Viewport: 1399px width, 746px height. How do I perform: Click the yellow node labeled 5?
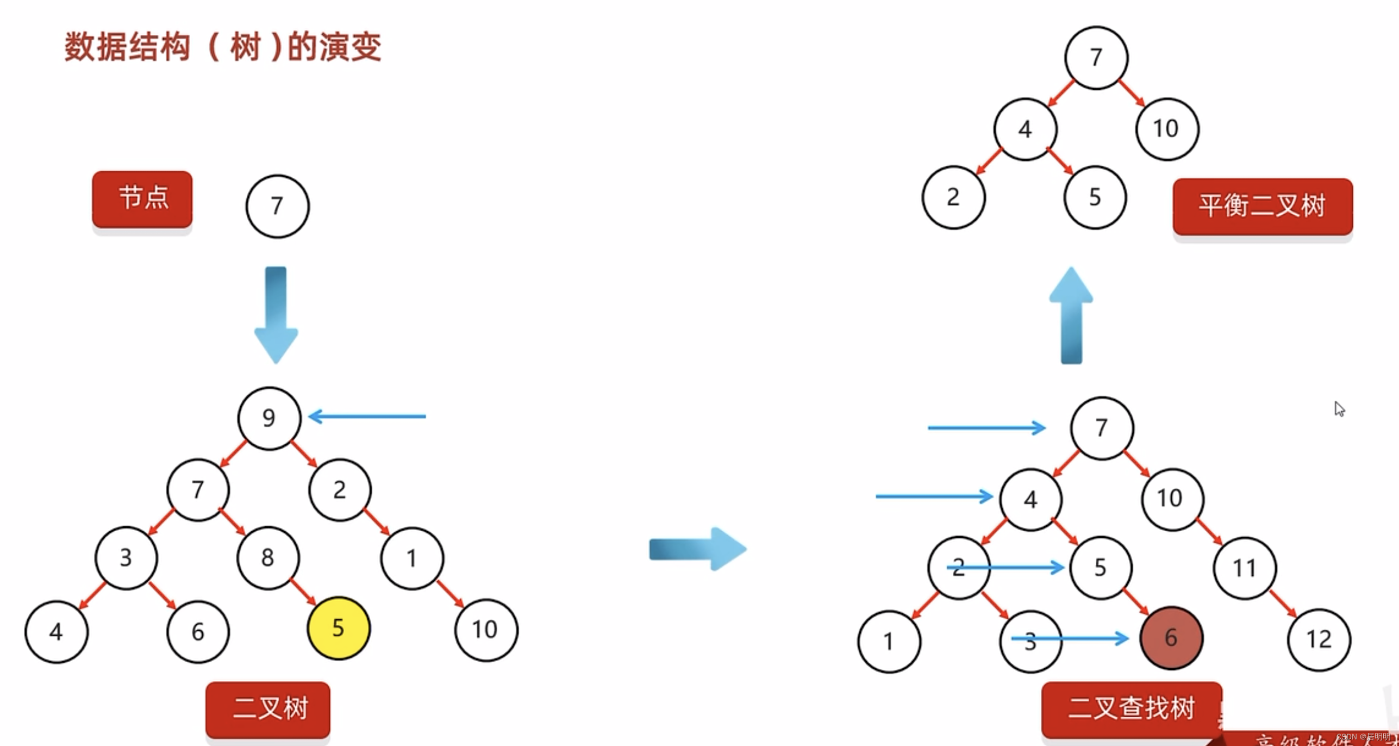(339, 628)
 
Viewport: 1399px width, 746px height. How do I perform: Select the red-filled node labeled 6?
(1171, 638)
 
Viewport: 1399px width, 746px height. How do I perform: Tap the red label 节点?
(142, 199)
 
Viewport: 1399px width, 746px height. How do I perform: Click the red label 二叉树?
(268, 709)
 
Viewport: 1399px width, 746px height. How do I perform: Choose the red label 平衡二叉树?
(1262, 207)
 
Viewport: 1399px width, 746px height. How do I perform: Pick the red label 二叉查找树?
(1131, 709)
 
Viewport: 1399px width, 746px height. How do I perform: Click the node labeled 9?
(269, 418)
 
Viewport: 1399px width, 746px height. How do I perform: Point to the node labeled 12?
(1319, 640)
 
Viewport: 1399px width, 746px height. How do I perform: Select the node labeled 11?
(1245, 568)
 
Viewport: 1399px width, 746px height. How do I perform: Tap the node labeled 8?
(268, 558)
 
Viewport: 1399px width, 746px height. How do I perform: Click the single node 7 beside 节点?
(278, 206)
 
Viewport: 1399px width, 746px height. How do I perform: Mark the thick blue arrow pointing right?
(698, 549)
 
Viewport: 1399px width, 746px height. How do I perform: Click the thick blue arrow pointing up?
(1071, 315)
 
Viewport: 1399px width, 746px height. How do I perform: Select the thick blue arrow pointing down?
(276, 315)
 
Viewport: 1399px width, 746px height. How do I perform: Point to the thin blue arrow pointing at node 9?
(367, 416)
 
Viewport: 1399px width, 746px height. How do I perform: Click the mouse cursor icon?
(1339, 409)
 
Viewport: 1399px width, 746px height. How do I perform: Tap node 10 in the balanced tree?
(1167, 129)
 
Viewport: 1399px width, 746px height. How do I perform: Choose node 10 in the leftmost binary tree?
(486, 630)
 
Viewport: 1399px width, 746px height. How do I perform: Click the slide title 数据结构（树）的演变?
(223, 47)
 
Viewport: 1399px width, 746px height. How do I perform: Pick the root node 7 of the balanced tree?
(1096, 58)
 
